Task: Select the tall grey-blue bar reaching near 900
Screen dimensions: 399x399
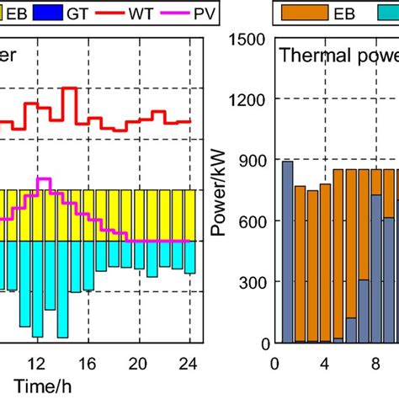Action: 287,252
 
